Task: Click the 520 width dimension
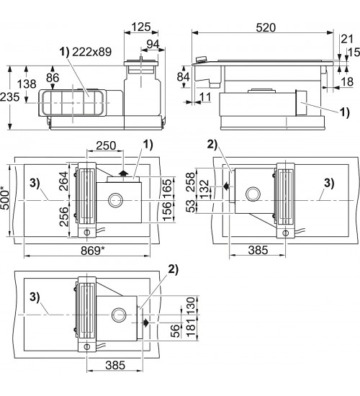coord(266,27)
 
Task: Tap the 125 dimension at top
coord(141,27)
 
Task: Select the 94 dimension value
coord(153,44)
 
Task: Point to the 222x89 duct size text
coord(92,52)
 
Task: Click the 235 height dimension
coord(10,97)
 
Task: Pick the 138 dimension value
coord(27,84)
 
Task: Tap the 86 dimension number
coord(53,78)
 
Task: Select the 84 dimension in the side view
coord(184,76)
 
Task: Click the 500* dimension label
coord(5,200)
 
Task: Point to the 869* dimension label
coord(93,251)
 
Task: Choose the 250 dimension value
coord(106,145)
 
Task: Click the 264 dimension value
coord(63,181)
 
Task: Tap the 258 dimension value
coord(192,181)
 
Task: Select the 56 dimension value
coord(176,331)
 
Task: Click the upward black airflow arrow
coord(123,173)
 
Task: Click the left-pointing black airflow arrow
coord(226,186)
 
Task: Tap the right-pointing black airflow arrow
coord(146,323)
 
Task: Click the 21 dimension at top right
coord(347,39)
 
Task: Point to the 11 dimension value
coord(205,96)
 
